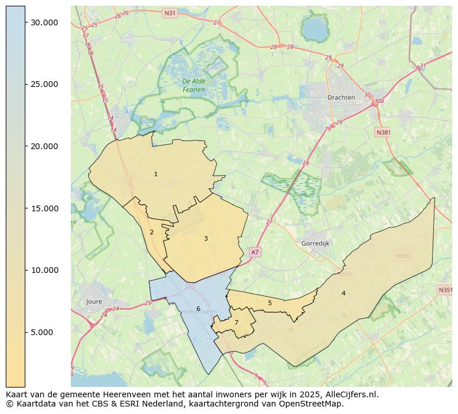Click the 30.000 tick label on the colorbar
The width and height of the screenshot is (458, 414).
click(44, 22)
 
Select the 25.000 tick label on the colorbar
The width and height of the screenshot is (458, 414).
click(44, 84)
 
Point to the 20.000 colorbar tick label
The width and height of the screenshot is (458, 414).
click(44, 146)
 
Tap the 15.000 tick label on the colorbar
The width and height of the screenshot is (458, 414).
click(44, 208)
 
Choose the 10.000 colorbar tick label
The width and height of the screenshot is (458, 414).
click(44, 270)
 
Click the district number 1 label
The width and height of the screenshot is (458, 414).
click(156, 174)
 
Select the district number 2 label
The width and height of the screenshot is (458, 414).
click(152, 232)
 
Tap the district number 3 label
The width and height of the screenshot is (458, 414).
click(206, 238)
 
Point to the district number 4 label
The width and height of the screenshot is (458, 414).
click(343, 293)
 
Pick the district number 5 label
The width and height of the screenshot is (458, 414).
click(270, 303)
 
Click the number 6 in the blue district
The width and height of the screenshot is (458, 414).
click(198, 309)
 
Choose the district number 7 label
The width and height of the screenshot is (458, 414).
click(236, 322)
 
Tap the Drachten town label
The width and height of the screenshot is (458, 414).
click(341, 97)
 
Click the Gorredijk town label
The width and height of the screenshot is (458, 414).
click(315, 244)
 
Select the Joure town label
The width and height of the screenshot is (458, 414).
click(94, 302)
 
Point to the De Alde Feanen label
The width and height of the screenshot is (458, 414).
click(194, 85)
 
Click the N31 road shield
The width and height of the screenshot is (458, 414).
click(169, 13)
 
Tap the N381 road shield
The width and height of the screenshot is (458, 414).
click(383, 132)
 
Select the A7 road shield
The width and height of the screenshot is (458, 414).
click(255, 252)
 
